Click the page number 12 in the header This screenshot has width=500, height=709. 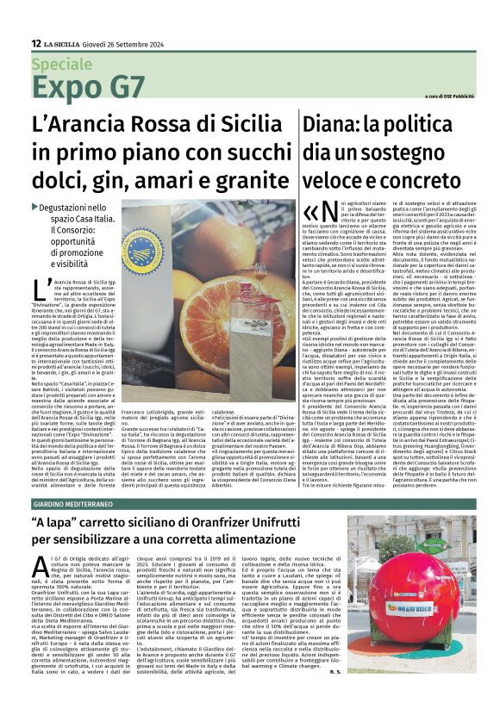click(35, 43)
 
